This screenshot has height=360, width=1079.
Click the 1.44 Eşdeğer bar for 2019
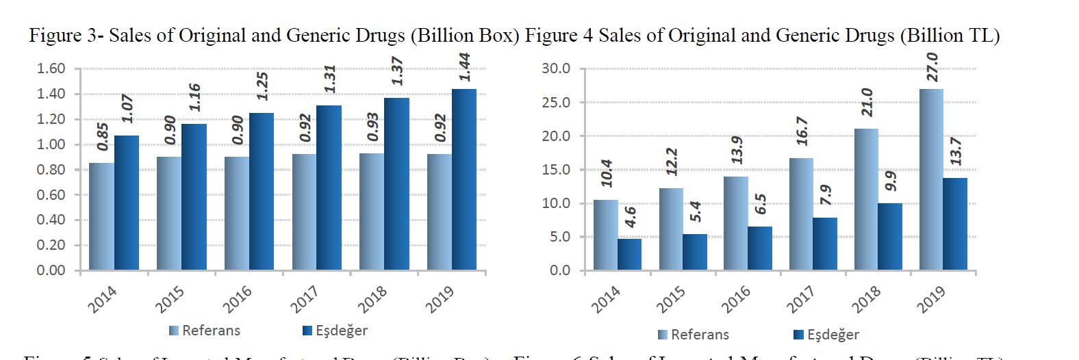(x=464, y=179)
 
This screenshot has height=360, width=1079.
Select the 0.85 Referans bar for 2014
(x=101, y=216)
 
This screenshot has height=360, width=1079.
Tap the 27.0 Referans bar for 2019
(x=931, y=179)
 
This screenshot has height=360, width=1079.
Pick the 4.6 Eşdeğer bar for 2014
(x=629, y=254)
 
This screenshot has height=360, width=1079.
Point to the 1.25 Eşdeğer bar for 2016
(x=262, y=192)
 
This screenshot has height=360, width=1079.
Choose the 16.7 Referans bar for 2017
(x=801, y=214)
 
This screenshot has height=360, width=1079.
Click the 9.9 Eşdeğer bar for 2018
(x=890, y=236)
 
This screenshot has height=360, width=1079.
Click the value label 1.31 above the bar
(x=330, y=79)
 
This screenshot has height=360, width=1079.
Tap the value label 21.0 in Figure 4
(x=867, y=102)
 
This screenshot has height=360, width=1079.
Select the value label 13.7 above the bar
(x=956, y=151)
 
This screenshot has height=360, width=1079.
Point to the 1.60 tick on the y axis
(x=51, y=68)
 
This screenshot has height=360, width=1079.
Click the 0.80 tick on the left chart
(x=51, y=170)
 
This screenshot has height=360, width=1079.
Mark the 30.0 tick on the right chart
(x=555, y=68)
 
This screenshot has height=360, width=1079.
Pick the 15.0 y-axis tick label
(x=555, y=170)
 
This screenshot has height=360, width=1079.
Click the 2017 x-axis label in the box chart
(x=304, y=299)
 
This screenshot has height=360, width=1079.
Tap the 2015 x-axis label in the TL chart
(x=670, y=299)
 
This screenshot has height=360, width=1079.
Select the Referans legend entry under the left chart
(x=205, y=331)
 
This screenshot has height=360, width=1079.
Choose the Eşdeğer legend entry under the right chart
(x=826, y=335)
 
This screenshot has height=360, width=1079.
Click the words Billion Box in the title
(x=465, y=36)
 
